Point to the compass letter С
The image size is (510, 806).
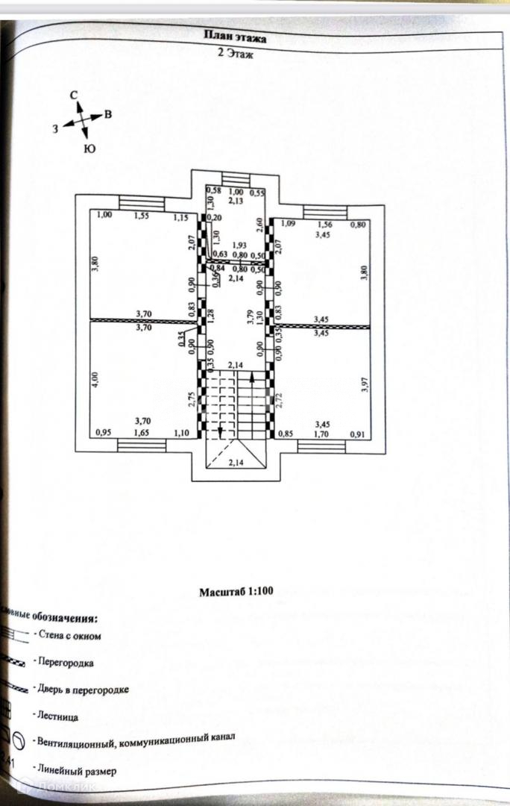(74, 96)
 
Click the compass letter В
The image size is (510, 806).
(108, 114)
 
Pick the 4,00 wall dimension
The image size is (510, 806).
(95, 380)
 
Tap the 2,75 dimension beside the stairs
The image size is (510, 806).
(192, 401)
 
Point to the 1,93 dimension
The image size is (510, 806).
(239, 245)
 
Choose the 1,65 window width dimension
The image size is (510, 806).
(141, 432)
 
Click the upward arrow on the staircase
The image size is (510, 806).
(251, 381)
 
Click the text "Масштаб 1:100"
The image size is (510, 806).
(236, 591)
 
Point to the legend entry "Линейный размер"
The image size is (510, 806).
(74, 770)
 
